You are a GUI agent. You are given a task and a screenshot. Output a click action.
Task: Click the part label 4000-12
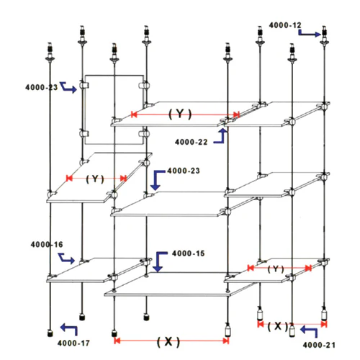pos(285,25)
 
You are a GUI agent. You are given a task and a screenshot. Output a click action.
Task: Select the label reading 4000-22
pos(191,142)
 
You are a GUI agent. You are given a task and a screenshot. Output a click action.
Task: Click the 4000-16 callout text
pos(47,245)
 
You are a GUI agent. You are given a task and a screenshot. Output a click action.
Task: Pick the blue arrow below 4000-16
pos(66,258)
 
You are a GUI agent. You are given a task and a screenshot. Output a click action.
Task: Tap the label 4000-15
pos(189,253)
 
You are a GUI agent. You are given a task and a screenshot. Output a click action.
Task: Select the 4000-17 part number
pos(73,343)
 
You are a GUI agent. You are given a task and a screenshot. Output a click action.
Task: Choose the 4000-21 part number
pos(319,345)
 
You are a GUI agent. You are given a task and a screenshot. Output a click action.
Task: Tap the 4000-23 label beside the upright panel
pos(41,87)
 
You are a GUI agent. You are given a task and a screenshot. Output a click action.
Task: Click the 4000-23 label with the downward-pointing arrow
pos(184,171)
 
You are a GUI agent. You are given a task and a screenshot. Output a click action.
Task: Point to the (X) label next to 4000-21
pos(278,326)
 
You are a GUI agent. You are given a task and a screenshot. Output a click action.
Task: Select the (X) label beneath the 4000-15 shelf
pos(168,341)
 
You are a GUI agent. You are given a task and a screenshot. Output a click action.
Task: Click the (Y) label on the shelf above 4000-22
pos(180,114)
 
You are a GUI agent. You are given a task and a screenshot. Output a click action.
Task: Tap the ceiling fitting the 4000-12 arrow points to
pos(324,36)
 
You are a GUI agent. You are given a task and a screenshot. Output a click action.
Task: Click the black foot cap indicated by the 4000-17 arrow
pos(50,333)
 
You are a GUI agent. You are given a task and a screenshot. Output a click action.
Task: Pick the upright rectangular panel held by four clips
pos(85,110)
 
